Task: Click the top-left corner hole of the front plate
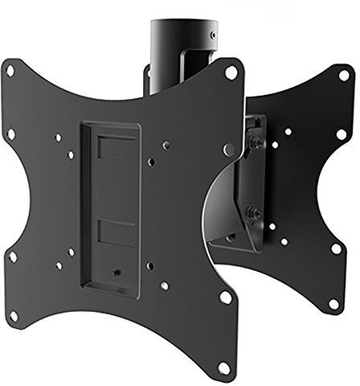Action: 10,71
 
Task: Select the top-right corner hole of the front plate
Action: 231,72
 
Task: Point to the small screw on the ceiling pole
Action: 211,36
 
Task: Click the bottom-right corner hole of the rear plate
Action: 333,304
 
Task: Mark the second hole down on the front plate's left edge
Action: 11,134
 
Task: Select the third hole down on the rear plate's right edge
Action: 336,248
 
